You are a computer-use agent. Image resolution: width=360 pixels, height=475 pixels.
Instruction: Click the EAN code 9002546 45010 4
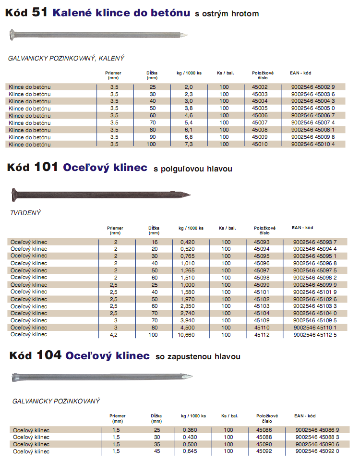click(313, 144)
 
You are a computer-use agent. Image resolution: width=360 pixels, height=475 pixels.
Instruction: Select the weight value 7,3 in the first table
click(189, 144)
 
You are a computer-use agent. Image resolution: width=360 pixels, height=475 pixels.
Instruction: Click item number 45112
click(262, 335)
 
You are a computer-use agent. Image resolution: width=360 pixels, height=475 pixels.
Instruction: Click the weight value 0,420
click(187, 242)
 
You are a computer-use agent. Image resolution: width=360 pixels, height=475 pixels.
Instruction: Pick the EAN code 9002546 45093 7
click(315, 242)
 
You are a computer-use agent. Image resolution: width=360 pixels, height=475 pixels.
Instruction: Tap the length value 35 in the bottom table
click(156, 444)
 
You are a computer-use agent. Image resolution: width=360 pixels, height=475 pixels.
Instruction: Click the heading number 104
click(49, 356)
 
